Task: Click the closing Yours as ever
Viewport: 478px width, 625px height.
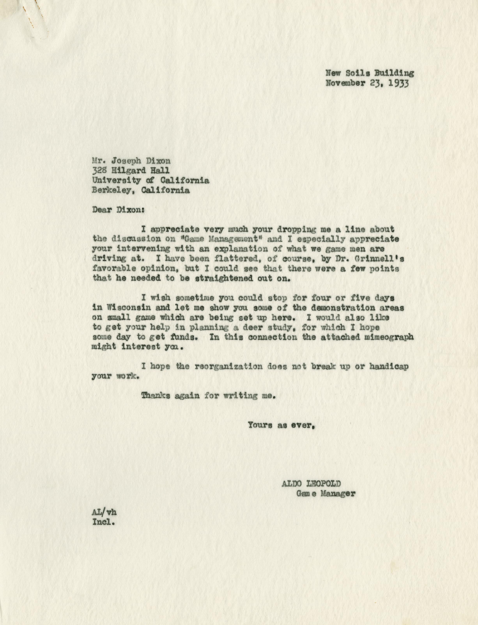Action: click(281, 425)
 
